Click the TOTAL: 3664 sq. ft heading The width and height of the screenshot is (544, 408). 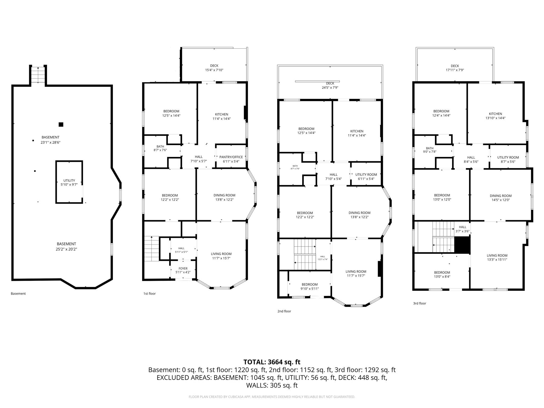tap(272, 362)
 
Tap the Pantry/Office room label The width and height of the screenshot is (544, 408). tap(231, 157)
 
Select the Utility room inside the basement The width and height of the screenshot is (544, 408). tap(69, 182)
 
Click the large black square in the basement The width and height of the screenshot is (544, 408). tap(61, 124)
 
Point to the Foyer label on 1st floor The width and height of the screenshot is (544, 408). tap(183, 269)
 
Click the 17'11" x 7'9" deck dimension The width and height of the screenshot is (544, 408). tap(455, 70)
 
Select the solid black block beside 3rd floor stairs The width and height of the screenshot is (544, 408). tap(462, 245)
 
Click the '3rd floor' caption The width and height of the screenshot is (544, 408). tap(419, 303)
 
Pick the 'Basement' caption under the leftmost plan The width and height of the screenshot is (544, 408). tap(18, 294)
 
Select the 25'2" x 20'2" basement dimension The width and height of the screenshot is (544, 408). tap(66, 249)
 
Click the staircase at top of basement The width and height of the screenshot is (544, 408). tap(38, 75)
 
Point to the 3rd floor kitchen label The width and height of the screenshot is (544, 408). tap(495, 114)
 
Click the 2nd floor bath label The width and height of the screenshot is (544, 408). tap(295, 166)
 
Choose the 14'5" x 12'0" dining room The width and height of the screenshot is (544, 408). tap(500, 198)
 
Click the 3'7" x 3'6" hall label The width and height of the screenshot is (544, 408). tap(462, 229)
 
